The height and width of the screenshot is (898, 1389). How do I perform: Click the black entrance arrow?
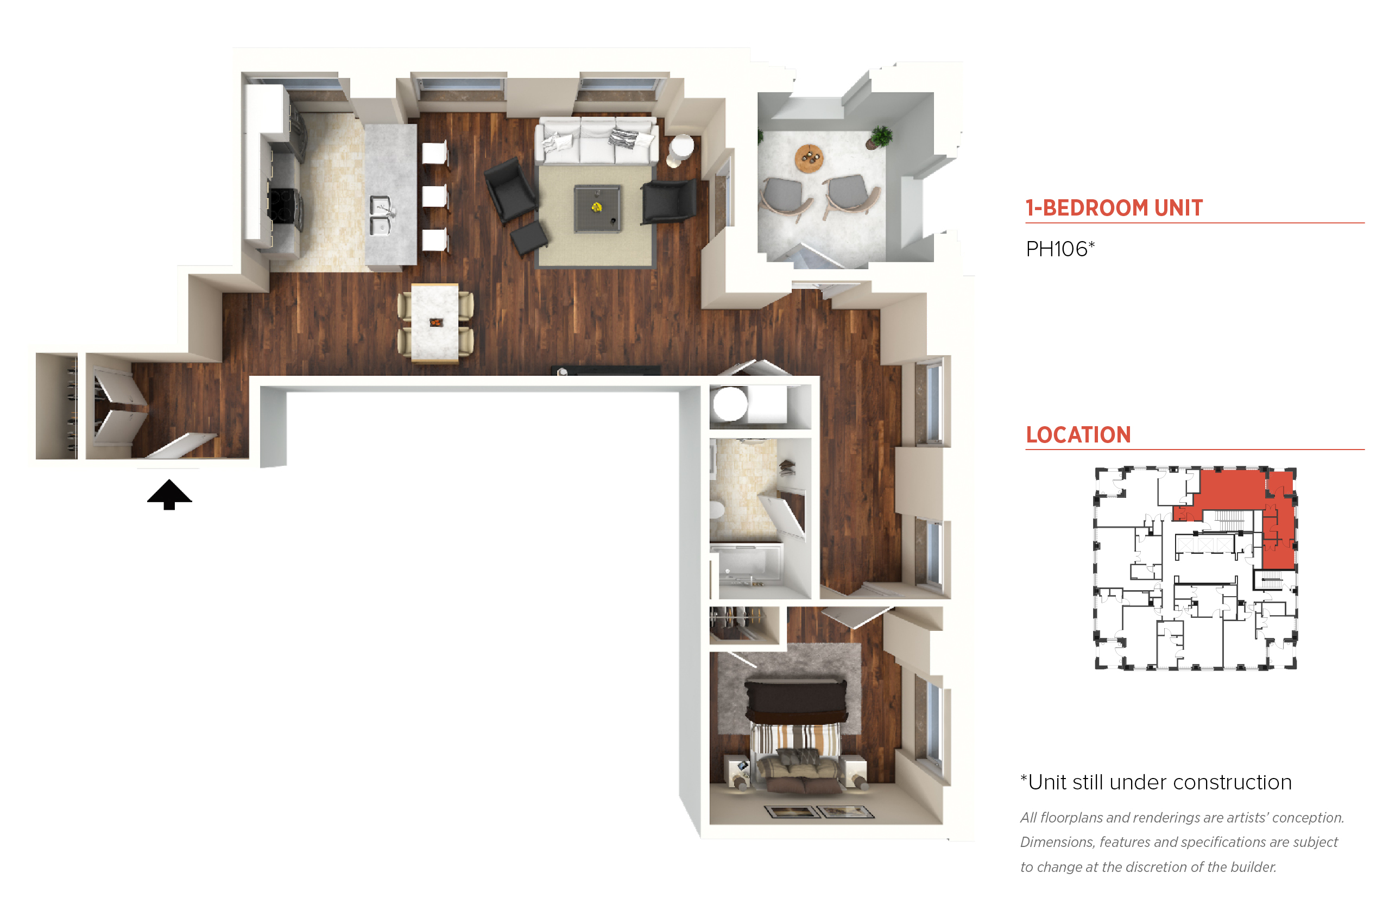click(x=169, y=495)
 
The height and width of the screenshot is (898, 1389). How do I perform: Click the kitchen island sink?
click(x=380, y=215)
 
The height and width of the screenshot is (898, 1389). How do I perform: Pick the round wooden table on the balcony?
click(x=809, y=158)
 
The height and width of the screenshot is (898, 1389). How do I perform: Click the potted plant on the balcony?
click(x=880, y=137)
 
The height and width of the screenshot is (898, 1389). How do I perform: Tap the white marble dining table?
click(x=434, y=322)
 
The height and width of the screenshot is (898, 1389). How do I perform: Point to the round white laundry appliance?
click(x=730, y=403)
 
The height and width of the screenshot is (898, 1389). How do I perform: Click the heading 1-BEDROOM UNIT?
click(x=1114, y=208)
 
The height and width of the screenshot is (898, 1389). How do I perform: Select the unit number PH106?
click(x=1059, y=249)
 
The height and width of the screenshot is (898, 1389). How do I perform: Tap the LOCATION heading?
click(x=1078, y=435)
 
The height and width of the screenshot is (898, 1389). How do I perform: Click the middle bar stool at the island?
click(x=435, y=197)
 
